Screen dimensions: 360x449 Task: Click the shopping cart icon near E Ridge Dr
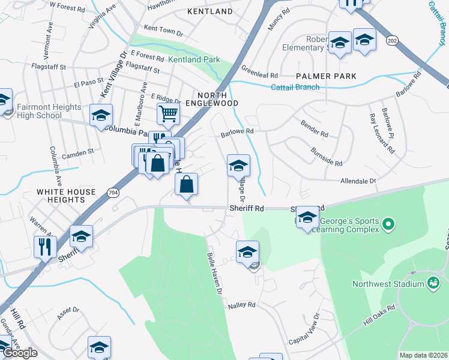169,113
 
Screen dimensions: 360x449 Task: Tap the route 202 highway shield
392,40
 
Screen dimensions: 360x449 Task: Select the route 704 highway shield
113,192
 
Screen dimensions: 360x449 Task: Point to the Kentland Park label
194,59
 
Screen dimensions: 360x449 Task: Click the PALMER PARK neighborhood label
326,76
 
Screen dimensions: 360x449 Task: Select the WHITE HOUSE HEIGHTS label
66,196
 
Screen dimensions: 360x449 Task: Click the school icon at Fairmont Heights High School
101,114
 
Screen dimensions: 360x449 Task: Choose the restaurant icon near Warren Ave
46,246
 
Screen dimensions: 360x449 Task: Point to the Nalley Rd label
241,305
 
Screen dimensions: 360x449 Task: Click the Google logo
20,353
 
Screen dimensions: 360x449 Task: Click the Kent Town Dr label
163,29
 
